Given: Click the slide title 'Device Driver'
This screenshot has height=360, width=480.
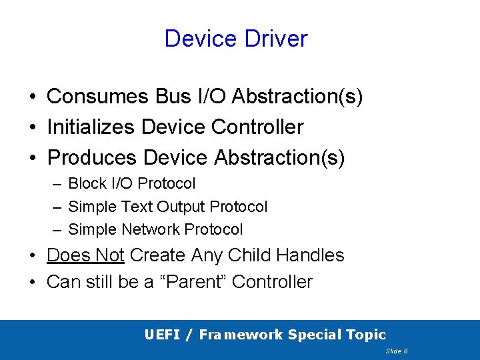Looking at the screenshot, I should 236,39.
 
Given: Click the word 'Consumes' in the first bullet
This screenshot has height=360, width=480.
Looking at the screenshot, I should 98,97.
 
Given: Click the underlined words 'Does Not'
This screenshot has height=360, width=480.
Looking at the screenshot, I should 85,255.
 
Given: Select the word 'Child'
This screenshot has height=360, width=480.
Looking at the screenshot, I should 251,255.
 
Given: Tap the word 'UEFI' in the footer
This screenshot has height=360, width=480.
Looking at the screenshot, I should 161,335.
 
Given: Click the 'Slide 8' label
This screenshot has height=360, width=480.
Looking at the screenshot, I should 397,351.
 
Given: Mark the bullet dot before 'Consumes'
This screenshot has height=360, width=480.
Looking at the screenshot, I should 32,97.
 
